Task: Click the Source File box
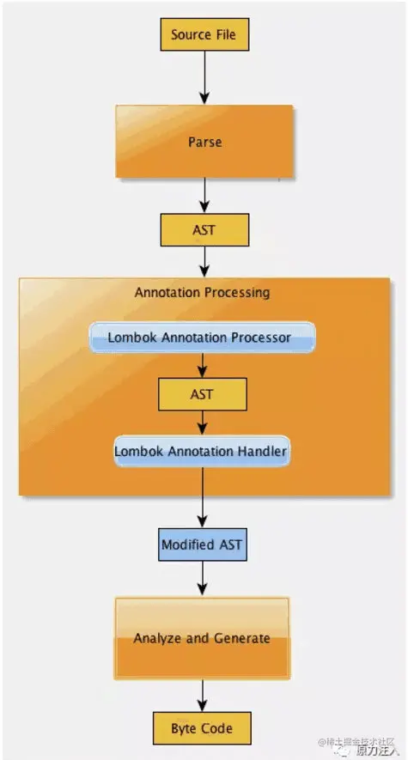tap(204, 34)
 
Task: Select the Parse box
tap(204, 142)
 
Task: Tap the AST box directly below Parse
tap(204, 230)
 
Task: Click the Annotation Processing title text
tap(202, 293)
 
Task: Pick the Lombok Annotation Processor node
tap(202, 337)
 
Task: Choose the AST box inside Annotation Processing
tap(203, 394)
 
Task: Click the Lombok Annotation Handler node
tap(202, 451)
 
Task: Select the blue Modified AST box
tap(202, 544)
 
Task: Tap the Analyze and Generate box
tap(202, 638)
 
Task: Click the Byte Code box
tap(202, 728)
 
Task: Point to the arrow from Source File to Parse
tap(204, 78)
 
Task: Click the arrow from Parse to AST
tap(204, 196)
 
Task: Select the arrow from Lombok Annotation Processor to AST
tap(203, 366)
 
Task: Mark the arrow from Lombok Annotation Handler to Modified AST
tap(202, 498)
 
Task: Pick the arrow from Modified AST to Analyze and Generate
tap(202, 579)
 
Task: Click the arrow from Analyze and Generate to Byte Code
tap(202, 696)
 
